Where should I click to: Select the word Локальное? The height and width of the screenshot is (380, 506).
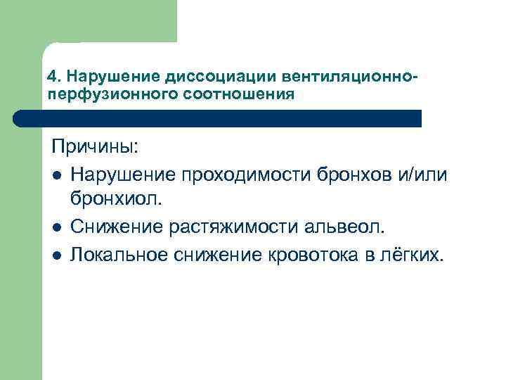coord(122,253)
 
